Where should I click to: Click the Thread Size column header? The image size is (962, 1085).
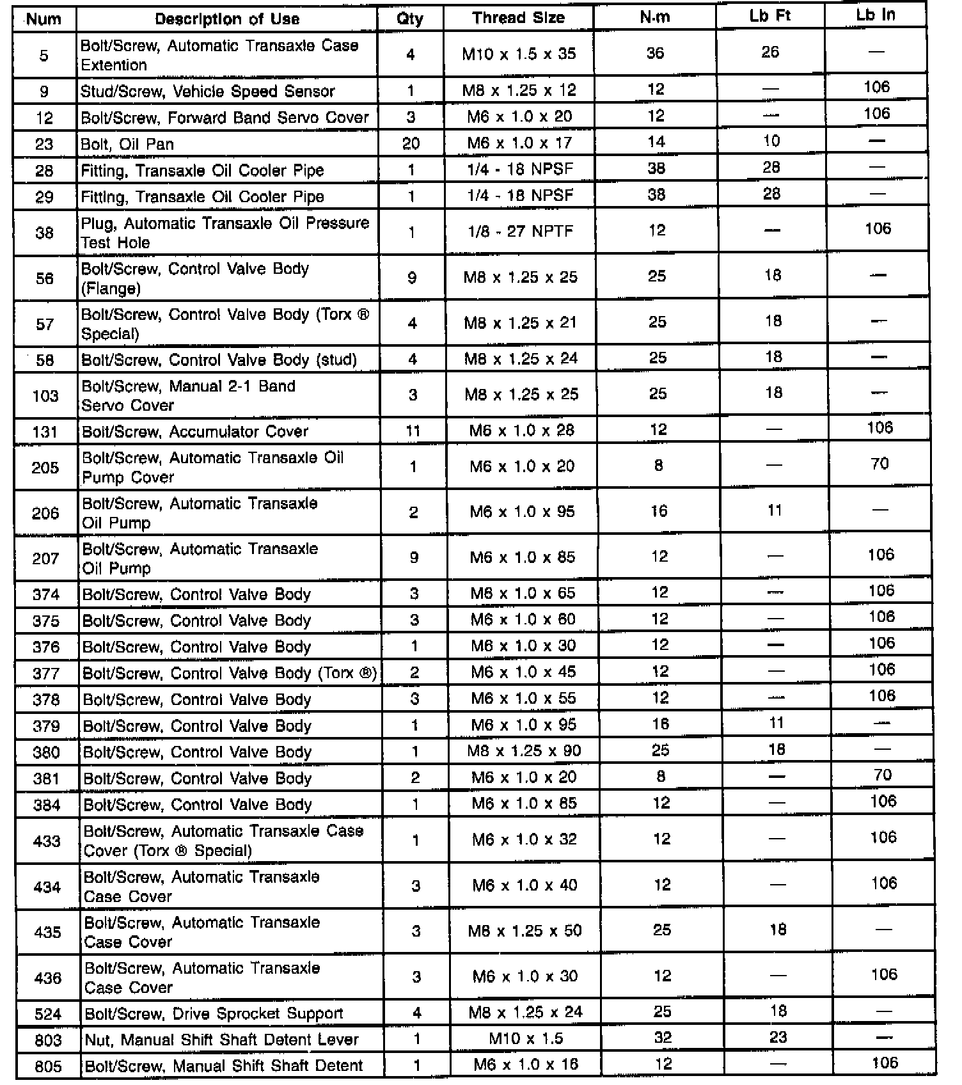click(x=518, y=18)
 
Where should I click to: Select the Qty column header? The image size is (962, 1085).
click(x=410, y=19)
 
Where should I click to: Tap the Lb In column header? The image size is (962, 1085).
click(x=875, y=15)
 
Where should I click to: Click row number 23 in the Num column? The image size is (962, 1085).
click(x=44, y=144)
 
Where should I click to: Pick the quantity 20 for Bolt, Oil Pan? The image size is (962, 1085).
click(x=411, y=143)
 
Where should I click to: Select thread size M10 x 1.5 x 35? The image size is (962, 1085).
click(x=519, y=54)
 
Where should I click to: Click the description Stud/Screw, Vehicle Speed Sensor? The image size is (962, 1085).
click(x=207, y=91)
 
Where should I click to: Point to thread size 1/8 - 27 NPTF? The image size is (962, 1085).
click(x=521, y=231)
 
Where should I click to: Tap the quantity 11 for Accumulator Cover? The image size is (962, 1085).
click(x=413, y=431)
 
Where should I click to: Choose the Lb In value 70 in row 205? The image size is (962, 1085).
click(x=880, y=464)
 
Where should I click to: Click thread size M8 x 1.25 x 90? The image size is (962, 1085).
click(x=524, y=750)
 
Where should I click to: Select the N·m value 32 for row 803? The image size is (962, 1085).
click(x=663, y=1037)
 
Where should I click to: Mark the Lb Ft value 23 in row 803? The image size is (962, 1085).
click(x=778, y=1037)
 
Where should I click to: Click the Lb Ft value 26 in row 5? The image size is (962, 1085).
click(x=770, y=52)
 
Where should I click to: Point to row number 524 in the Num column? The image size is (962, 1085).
click(x=48, y=1014)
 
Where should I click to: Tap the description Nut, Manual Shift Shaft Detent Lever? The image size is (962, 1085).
click(x=221, y=1040)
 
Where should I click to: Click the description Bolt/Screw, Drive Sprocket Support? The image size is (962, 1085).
click(x=214, y=1013)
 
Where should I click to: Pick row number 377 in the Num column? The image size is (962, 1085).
click(x=46, y=673)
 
